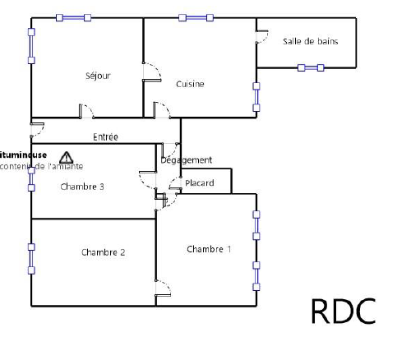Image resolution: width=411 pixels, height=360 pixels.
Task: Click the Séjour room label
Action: (x=98, y=76)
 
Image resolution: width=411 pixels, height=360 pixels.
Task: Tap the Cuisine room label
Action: (x=190, y=84)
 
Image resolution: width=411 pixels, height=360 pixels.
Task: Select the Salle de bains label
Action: (x=310, y=41)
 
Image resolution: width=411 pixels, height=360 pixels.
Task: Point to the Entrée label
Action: (x=106, y=136)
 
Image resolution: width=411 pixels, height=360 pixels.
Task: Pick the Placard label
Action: (x=200, y=182)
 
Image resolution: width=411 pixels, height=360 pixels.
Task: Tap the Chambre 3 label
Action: (x=82, y=187)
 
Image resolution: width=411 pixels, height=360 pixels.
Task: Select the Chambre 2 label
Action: (x=103, y=252)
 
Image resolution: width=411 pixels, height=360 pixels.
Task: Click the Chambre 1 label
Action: (x=209, y=249)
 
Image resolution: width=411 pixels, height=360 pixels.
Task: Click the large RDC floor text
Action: (x=343, y=311)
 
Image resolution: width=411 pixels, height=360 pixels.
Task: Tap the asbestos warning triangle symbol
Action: (x=66, y=156)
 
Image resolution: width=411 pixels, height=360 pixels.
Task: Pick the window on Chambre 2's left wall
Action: (x=31, y=258)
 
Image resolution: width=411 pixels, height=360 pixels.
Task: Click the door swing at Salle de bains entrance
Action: (x=262, y=37)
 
